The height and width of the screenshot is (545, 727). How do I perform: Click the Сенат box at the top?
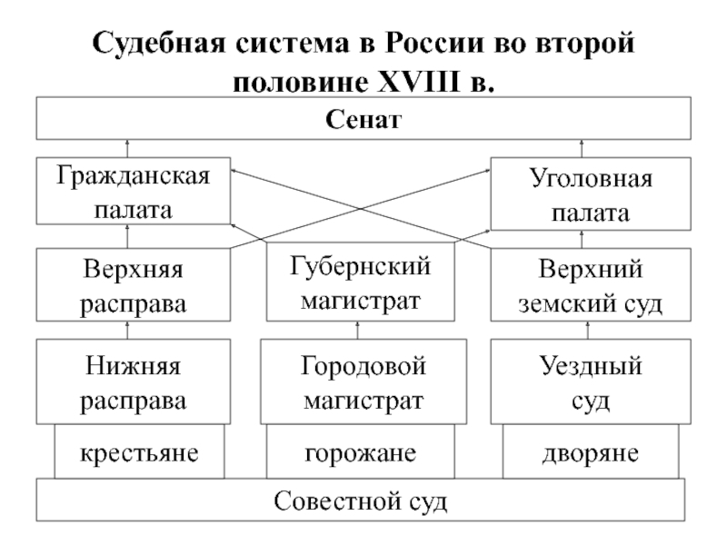pyautogui.click(x=363, y=118)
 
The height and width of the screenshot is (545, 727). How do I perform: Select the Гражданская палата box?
pyautogui.click(x=133, y=191)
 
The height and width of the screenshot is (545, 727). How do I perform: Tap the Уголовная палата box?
pyautogui.click(x=591, y=193)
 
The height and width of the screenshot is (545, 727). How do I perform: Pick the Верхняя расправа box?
pyautogui.click(x=133, y=284)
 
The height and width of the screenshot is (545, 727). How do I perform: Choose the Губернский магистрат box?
pyautogui.click(x=360, y=282)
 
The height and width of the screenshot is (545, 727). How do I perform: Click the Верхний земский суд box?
pyautogui.click(x=591, y=284)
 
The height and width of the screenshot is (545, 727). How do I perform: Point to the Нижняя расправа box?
pyautogui.click(x=133, y=381)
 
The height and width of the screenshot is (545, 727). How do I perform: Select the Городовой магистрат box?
pyautogui.click(x=363, y=381)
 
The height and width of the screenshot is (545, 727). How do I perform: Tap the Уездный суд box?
pyautogui.click(x=591, y=381)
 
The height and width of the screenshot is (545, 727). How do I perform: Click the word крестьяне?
pyautogui.click(x=139, y=452)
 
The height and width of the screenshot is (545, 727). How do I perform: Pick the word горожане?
pyautogui.click(x=360, y=453)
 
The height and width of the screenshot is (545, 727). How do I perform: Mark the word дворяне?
pyautogui.click(x=590, y=453)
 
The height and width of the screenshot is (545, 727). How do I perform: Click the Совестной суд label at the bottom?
pyautogui.click(x=360, y=501)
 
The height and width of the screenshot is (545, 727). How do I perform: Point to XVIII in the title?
pyautogui.click(x=419, y=82)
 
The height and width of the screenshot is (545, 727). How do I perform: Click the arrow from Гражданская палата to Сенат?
pyautogui.click(x=127, y=148)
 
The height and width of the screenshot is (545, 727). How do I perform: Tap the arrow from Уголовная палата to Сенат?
pyautogui.click(x=582, y=148)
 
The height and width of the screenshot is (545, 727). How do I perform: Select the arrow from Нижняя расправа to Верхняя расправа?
pyautogui.click(x=127, y=330)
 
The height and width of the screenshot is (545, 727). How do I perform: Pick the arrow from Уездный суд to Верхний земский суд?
pyautogui.click(x=588, y=330)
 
